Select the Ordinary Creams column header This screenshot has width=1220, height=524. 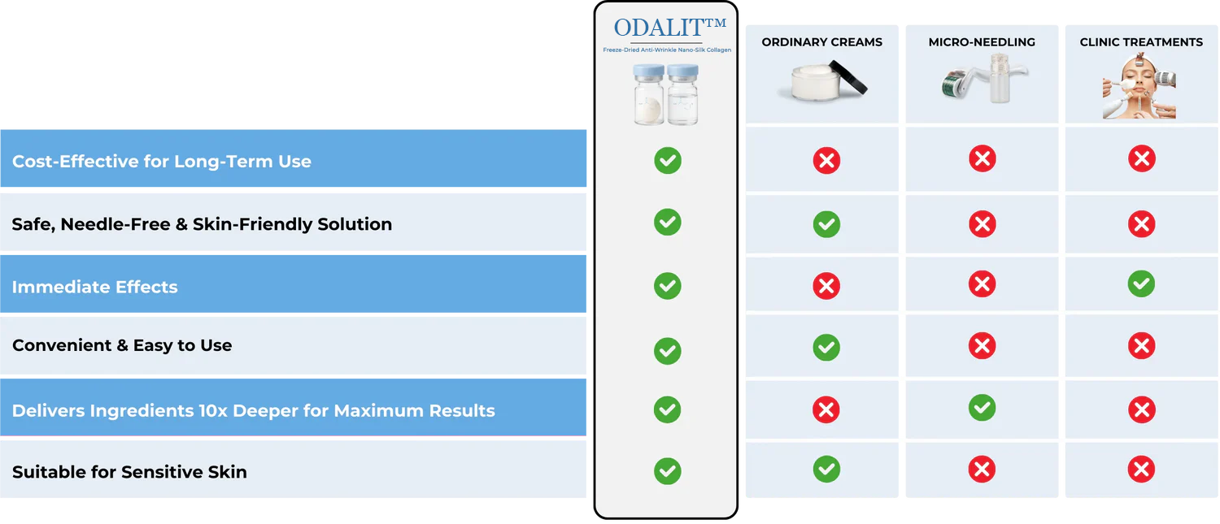pos(821,42)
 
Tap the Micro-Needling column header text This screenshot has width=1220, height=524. pos(982,42)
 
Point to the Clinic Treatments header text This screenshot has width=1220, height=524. pos(1141,42)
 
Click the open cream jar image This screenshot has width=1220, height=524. pos(822,80)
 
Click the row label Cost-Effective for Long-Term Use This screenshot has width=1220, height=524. pos(161,161)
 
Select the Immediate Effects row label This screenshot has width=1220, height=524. pos(95,287)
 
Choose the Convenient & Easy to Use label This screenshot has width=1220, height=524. pos(122,345)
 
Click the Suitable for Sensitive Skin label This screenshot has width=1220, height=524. pos(129,472)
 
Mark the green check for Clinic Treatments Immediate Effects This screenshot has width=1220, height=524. pos(1141,284)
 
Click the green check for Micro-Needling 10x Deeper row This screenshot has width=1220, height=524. pos(982,408)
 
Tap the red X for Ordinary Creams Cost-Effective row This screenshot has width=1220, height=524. pos(826,161)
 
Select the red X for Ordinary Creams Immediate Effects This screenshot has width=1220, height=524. pos(826,286)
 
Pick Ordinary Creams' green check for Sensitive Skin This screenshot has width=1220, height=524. pos(826,469)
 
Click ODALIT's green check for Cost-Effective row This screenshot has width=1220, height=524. pos(668,161)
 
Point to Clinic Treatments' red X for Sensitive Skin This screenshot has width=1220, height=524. pos(1141,469)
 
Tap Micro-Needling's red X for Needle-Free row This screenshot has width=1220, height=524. pos(982,224)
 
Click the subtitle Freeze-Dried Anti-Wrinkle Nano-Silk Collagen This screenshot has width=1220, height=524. pos(667,50)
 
